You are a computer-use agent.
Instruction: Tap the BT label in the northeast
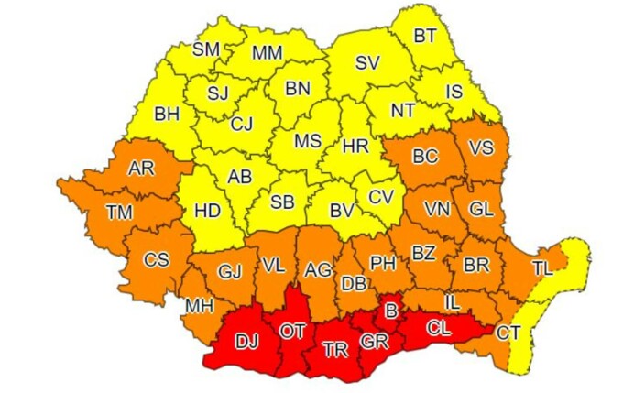tap(425, 36)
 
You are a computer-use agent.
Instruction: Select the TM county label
tap(118, 212)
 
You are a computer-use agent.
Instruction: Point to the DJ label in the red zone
tap(246, 343)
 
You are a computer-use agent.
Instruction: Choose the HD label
tap(208, 211)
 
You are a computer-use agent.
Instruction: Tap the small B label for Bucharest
tap(391, 312)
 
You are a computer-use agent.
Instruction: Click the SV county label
tap(367, 63)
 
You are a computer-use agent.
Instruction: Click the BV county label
tap(342, 211)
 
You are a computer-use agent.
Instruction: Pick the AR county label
tap(141, 169)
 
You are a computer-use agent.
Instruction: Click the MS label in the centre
tap(308, 141)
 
